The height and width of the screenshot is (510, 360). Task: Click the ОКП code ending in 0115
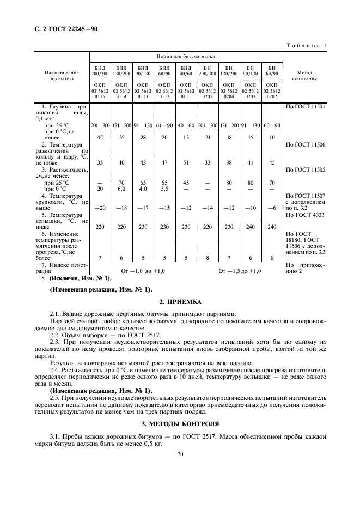pos(100,90)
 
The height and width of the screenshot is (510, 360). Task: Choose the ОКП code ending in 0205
pos(208,90)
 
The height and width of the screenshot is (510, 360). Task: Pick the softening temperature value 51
pos(186,162)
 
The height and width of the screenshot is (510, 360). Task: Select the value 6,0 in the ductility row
pos(121,189)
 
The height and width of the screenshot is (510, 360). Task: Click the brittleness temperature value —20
pos(100,208)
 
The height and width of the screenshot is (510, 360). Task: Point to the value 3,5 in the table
pos(164,189)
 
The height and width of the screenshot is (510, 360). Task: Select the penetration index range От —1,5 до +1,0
pos(240,271)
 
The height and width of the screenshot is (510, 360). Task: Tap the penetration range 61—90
pos(164,126)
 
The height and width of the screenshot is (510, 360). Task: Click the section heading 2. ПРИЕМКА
pos(180,301)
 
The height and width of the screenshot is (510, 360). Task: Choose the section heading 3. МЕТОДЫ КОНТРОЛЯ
pos(180,423)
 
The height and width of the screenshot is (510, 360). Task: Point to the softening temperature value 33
pos(208,162)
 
